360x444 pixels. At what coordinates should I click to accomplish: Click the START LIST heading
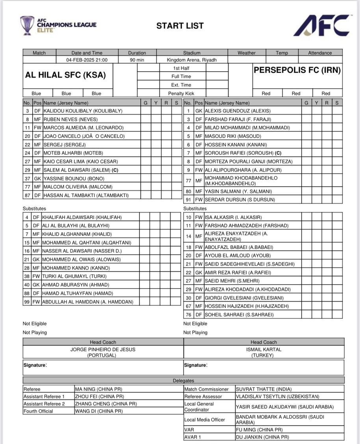(180, 26)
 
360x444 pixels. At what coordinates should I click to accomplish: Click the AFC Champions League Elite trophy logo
(27, 25)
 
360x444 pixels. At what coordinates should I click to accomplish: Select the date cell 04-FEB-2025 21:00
(87, 60)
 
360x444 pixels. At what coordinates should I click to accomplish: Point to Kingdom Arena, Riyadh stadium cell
(192, 60)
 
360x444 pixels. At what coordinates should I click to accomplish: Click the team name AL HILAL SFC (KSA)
(65, 75)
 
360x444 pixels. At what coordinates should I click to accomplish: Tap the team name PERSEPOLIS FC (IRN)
(297, 70)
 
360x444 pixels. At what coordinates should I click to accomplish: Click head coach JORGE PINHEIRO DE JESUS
(103, 350)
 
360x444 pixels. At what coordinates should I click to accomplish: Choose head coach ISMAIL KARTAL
(264, 350)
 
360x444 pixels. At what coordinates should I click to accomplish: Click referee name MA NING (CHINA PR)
(99, 389)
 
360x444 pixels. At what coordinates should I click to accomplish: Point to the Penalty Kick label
(181, 94)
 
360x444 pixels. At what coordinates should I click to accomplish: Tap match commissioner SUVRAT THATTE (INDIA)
(269, 389)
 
